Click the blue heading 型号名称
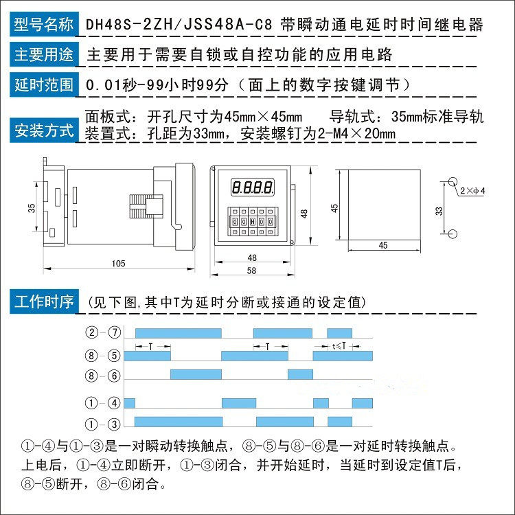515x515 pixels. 43,25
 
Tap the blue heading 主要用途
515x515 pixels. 43,54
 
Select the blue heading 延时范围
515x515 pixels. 43,85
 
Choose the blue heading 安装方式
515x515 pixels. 43,130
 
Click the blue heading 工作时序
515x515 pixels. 43,301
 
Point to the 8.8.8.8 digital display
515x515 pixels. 253,186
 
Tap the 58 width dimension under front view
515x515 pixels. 252,271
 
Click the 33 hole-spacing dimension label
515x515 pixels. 439,211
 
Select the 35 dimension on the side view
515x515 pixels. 32,207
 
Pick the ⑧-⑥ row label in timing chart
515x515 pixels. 103,376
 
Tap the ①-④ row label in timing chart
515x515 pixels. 103,403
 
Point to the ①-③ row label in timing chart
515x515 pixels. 103,422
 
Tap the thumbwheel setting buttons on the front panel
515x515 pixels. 253,222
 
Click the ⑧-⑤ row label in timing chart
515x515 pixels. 103,356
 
